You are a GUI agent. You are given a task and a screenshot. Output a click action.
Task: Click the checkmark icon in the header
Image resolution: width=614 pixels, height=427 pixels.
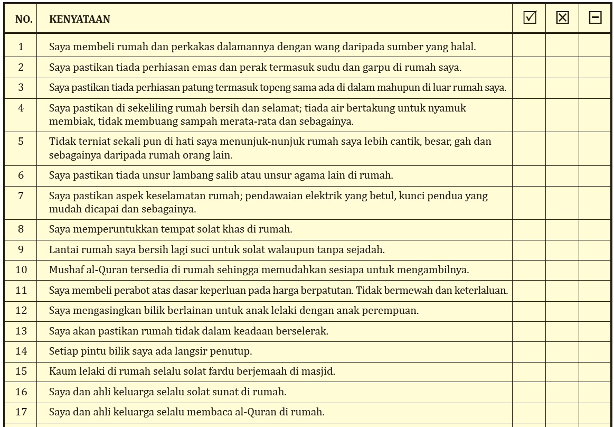coord(530,18)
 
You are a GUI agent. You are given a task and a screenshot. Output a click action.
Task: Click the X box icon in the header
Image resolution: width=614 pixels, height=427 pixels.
coord(563,18)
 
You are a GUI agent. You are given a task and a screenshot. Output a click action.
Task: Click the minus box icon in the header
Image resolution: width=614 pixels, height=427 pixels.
coord(595,18)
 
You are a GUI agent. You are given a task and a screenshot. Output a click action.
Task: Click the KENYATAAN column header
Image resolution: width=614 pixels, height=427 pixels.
coord(80,20)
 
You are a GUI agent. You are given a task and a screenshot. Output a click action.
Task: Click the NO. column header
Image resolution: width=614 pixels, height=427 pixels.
coord(24,20)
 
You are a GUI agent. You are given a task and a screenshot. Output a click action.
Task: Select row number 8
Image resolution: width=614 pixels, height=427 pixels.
coord(21,229)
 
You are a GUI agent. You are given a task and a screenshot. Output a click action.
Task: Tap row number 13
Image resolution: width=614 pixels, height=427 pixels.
coord(21,331)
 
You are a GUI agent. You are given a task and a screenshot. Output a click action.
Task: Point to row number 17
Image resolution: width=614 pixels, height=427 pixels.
coord(21,412)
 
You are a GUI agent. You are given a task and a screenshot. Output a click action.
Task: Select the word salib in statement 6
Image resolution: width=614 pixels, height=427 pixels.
coord(246,175)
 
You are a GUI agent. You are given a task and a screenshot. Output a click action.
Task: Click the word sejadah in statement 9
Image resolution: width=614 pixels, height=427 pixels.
coord(367,249)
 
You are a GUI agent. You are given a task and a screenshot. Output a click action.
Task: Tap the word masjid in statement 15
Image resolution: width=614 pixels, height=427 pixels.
coord(319,371)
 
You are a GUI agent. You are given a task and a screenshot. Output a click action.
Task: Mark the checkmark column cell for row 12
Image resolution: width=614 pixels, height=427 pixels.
coord(529,311)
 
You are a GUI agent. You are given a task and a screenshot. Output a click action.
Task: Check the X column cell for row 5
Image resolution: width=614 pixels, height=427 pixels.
coord(562,148)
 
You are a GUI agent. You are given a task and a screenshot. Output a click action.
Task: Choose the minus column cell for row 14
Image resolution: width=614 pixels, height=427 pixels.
coord(595,351)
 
